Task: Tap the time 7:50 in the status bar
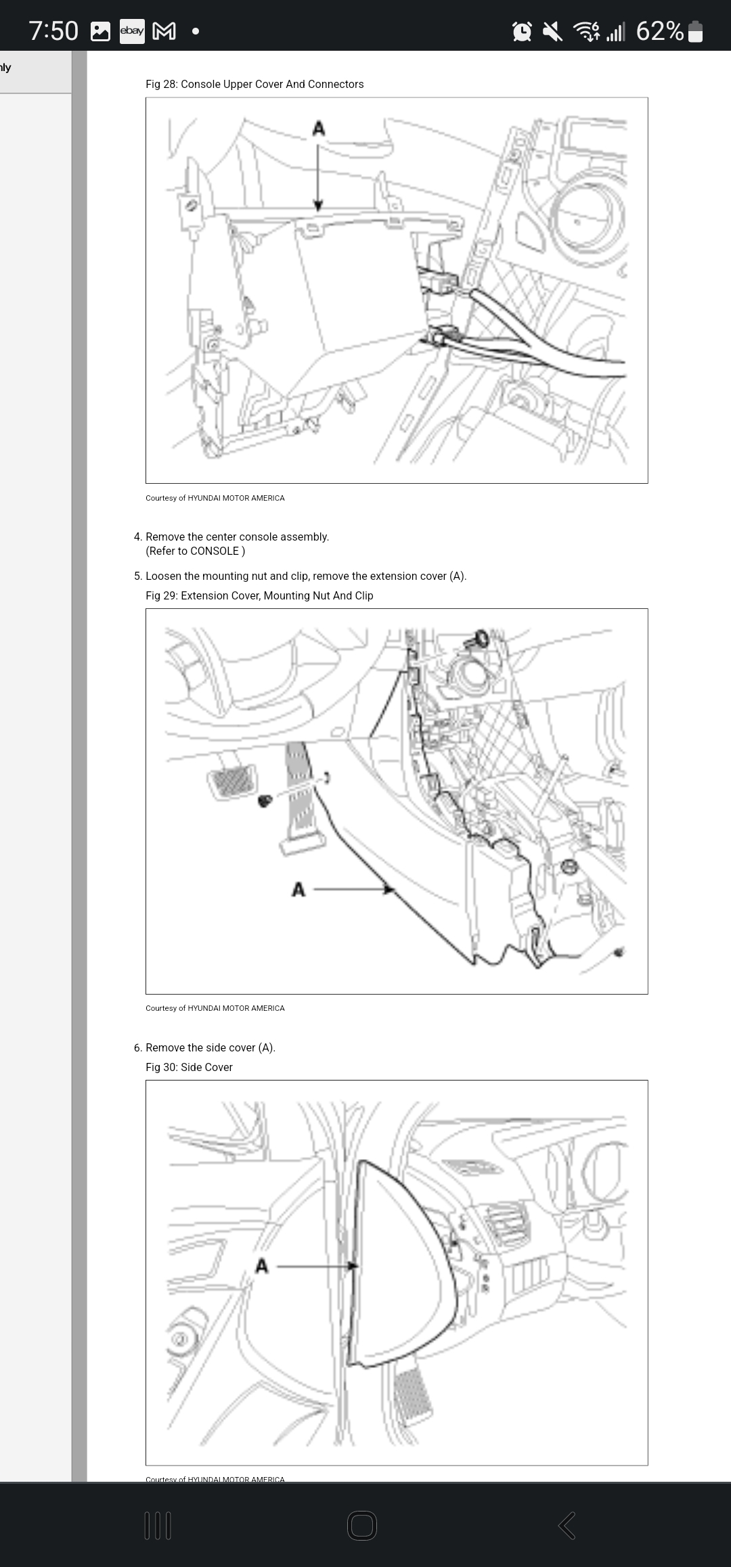tap(53, 31)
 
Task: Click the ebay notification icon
tap(132, 31)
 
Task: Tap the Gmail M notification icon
tap(164, 31)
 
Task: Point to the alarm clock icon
tap(522, 31)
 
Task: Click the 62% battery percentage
tap(659, 31)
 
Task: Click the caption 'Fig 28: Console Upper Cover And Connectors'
tap(254, 84)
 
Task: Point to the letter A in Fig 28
tap(318, 128)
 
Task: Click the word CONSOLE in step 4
tap(215, 551)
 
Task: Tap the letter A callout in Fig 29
tap(298, 889)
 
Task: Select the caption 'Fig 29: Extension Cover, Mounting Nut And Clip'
tap(259, 595)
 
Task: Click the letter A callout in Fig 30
tap(262, 1265)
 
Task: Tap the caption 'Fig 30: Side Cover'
tap(189, 1067)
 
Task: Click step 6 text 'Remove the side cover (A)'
tap(210, 1047)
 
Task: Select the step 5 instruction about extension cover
tap(305, 576)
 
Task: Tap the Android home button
tap(362, 1526)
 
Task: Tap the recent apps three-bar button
tap(158, 1526)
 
